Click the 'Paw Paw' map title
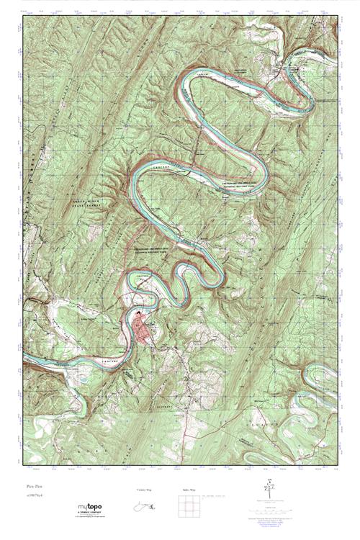tap(31, 487)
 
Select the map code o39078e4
tap(32, 495)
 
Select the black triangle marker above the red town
tap(139, 313)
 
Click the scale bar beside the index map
tap(217, 497)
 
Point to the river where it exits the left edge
tap(27, 356)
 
